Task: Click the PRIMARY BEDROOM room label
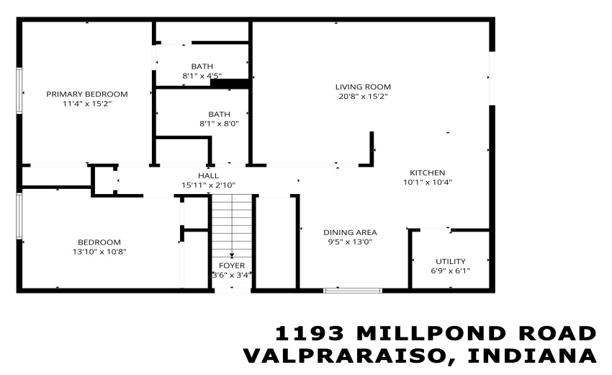pyautogui.click(x=86, y=94)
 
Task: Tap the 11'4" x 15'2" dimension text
pyautogui.click(x=86, y=104)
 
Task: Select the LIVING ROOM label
pyautogui.click(x=363, y=87)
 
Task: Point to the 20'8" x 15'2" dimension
pyautogui.click(x=363, y=97)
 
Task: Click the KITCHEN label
pyautogui.click(x=427, y=172)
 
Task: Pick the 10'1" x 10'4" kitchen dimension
pyautogui.click(x=427, y=182)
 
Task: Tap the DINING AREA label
pyautogui.click(x=350, y=232)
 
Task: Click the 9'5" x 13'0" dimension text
pyautogui.click(x=350, y=242)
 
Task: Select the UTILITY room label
pyautogui.click(x=451, y=261)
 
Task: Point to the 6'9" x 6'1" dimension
pyautogui.click(x=451, y=271)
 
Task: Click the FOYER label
pyautogui.click(x=232, y=265)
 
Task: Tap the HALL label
pyautogui.click(x=209, y=175)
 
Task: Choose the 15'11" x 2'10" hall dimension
pyautogui.click(x=209, y=185)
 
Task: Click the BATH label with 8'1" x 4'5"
pyautogui.click(x=202, y=66)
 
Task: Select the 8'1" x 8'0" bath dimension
pyautogui.click(x=219, y=123)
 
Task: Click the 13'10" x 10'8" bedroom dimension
pyautogui.click(x=99, y=252)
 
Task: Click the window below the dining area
pyautogui.click(x=352, y=291)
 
